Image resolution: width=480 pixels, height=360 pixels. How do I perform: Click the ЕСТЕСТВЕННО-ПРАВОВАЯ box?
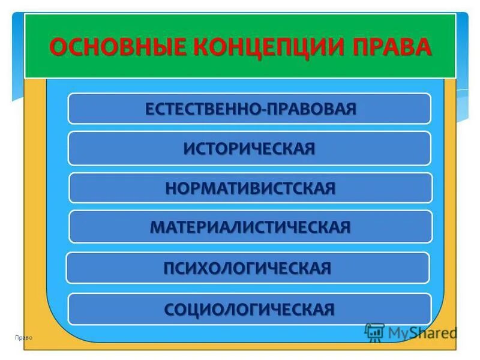250,109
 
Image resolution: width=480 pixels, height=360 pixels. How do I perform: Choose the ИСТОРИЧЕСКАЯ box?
250,148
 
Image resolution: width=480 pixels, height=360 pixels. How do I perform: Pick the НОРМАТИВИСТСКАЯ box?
250,188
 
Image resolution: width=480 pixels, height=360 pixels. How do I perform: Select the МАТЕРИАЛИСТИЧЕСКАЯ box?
250,227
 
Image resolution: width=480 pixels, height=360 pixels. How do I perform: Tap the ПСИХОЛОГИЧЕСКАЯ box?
247,268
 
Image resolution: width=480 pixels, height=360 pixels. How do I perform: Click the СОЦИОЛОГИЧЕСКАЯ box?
250,309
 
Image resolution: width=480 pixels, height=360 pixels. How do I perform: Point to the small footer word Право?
25,338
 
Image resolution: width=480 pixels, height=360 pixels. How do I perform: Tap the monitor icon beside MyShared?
374,332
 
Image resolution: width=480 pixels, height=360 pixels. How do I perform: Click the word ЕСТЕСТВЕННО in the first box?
202,109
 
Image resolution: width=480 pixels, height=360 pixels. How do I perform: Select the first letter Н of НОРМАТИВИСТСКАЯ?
172,188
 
